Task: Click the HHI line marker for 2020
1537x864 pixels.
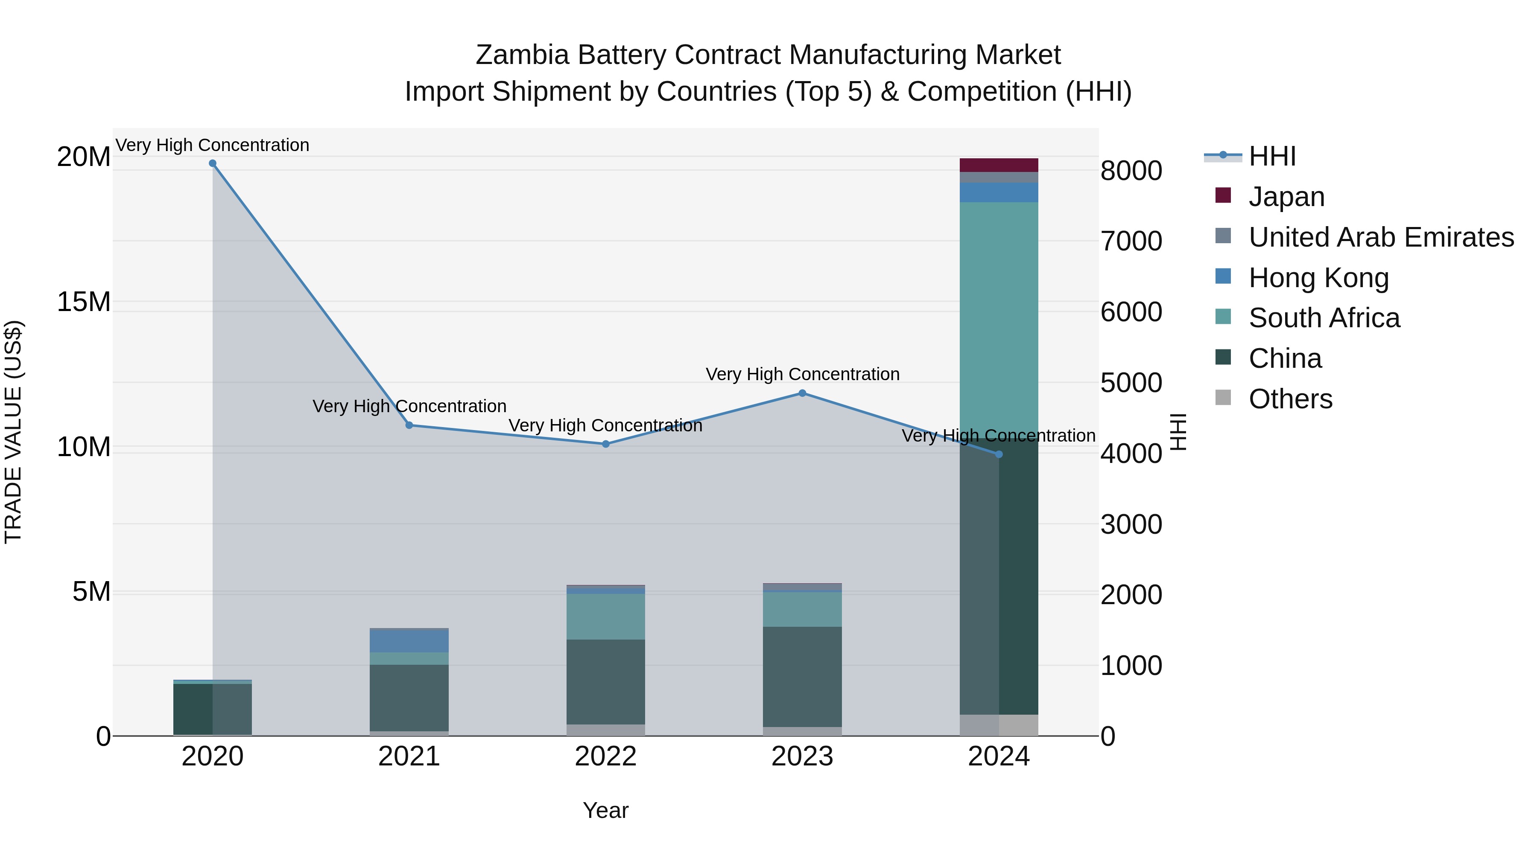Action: click(x=213, y=163)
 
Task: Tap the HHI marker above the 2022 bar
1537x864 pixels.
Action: click(x=605, y=444)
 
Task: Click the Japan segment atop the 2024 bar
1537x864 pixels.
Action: click(x=999, y=165)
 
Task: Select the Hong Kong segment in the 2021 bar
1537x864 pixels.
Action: click(x=409, y=641)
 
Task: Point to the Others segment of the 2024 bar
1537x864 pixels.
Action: click(x=999, y=724)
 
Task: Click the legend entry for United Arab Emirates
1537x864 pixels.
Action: click(x=1381, y=237)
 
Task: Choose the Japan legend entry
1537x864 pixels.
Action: click(x=1286, y=197)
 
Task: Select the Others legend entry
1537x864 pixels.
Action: click(x=1290, y=399)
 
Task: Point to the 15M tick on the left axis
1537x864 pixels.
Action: click(x=84, y=302)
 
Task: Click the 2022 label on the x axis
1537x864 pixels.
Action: click(x=605, y=756)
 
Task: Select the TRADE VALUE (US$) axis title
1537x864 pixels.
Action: click(x=13, y=432)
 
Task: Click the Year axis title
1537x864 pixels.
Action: click(x=605, y=810)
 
